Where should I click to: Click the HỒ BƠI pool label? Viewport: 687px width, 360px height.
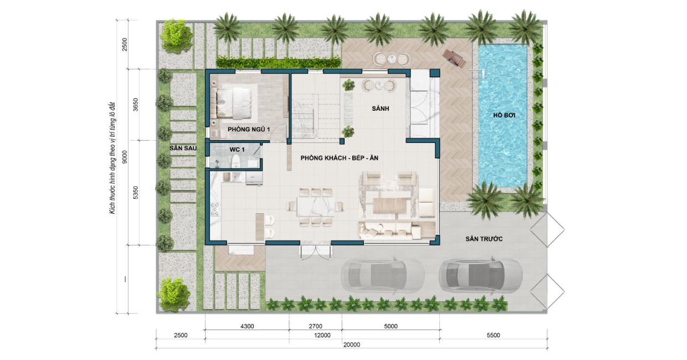point(504,115)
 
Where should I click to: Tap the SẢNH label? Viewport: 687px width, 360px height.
point(380,109)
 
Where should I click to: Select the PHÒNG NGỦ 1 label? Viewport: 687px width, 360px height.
point(249,130)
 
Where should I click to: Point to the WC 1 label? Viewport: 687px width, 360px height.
point(237,150)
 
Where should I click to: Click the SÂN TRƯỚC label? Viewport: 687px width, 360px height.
point(484,239)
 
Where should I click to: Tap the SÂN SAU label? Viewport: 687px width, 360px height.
point(183,148)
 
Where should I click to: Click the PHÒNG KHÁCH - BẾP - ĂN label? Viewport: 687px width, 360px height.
point(339,158)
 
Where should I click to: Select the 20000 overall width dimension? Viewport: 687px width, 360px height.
point(351,344)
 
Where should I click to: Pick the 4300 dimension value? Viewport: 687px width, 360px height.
point(247,326)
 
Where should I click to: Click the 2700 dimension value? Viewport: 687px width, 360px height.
point(315,326)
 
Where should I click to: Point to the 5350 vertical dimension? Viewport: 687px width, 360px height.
point(136,193)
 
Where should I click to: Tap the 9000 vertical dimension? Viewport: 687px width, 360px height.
point(125,157)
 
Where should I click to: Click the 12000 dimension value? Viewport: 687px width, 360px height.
point(322,335)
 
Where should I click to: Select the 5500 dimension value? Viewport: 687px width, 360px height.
point(493,335)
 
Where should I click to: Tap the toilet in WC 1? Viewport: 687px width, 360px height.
point(235,161)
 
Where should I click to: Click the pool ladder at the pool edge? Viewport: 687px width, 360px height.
point(477,75)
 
